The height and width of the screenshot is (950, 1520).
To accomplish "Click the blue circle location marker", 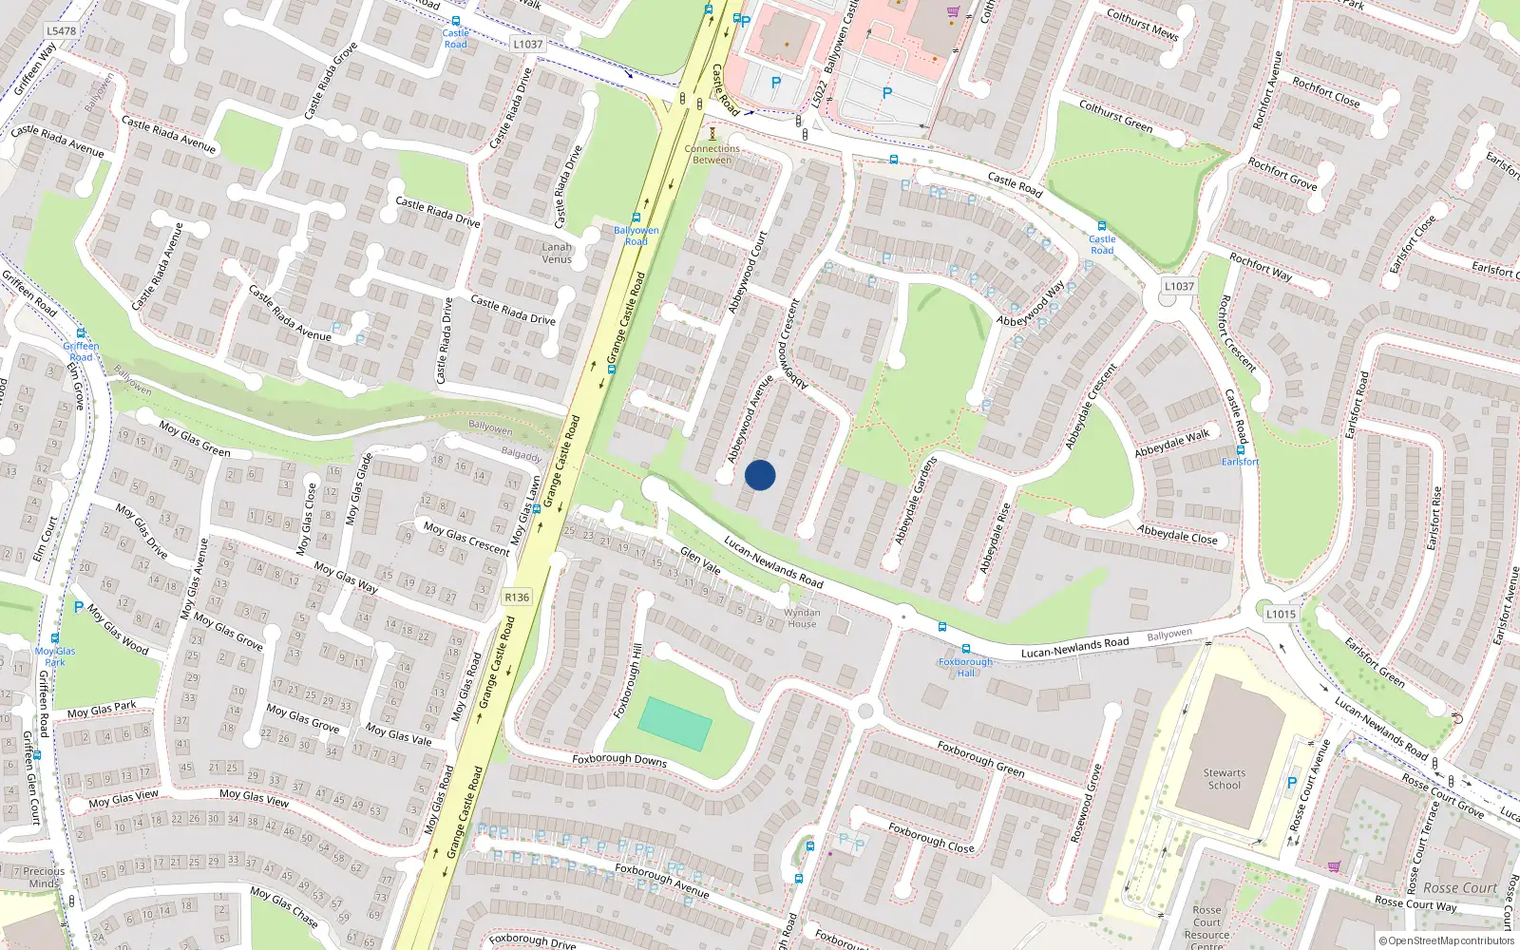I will pos(760,475).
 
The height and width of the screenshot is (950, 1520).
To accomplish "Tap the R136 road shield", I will pos(517,598).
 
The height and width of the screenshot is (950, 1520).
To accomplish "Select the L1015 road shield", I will pos(1280,614).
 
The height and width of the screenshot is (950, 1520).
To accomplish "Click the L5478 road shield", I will pos(61,31).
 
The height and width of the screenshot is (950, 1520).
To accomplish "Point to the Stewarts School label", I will pos(1224,779).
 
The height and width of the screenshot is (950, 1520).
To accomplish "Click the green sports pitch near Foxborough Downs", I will pos(674,724).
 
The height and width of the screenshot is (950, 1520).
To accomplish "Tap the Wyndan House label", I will pos(802,618).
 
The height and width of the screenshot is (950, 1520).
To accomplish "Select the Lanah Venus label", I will pos(557,253).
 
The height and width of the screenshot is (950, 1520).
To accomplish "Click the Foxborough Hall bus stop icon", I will pos(966,650).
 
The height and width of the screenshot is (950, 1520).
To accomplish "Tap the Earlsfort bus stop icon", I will pos(1240,450).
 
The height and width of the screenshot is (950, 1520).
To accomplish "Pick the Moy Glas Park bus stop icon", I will pos(55,639).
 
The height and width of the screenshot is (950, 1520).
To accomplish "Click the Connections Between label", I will pos(712,154).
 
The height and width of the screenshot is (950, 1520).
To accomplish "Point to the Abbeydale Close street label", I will pos(1177,534).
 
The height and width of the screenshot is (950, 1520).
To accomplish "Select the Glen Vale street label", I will pos(700,560).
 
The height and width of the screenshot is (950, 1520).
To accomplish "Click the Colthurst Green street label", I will pos(1115,116).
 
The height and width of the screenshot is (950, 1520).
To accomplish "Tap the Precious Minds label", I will pos(44,877).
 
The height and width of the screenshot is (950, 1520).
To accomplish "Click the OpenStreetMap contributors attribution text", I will pos(1447,940).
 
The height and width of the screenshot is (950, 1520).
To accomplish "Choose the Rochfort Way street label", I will pos(1261,266).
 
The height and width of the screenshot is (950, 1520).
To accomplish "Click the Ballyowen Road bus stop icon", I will pos(636,218).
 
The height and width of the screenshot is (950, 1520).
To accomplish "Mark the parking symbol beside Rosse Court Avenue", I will pos(1291,783).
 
